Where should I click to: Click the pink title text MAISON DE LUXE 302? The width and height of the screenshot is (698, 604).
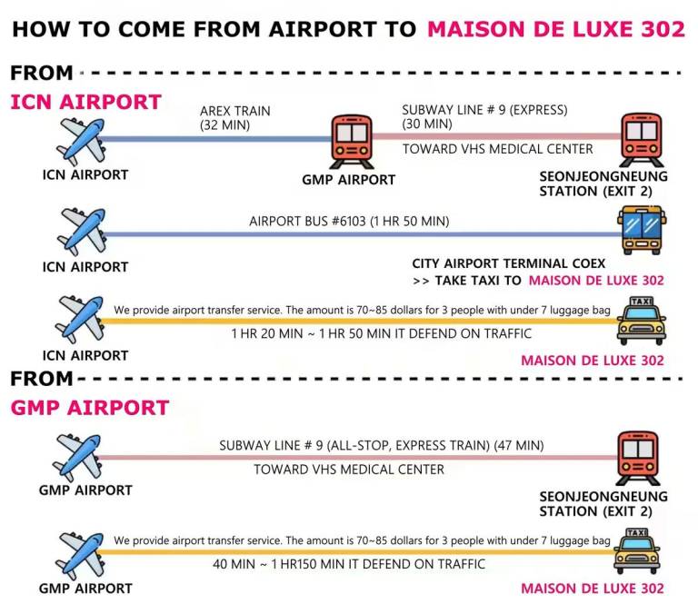point(555,29)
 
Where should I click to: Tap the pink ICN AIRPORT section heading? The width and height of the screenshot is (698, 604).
point(85,102)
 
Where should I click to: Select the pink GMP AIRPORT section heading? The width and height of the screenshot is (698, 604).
point(89,408)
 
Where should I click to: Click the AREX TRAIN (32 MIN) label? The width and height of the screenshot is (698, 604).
point(235,118)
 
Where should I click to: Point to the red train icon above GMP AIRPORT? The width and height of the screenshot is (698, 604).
point(352,142)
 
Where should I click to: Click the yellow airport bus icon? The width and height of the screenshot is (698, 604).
point(642,230)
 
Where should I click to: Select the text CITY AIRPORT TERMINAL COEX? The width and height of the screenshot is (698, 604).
point(508,263)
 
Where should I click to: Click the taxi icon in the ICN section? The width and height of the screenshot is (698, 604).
point(641,321)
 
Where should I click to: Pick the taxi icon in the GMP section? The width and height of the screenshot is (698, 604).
point(636,550)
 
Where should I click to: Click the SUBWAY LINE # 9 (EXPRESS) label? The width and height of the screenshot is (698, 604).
point(484,110)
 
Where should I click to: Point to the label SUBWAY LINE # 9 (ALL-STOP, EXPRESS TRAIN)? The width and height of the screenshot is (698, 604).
point(354,445)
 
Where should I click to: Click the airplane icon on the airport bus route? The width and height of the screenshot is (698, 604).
point(82,232)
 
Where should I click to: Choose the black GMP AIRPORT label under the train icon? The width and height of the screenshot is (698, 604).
point(349,180)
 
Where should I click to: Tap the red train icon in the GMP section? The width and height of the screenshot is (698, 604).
point(638,458)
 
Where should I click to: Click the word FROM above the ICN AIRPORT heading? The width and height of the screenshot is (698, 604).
point(42,73)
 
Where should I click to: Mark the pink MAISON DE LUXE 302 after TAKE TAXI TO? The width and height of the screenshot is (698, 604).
point(596,281)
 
